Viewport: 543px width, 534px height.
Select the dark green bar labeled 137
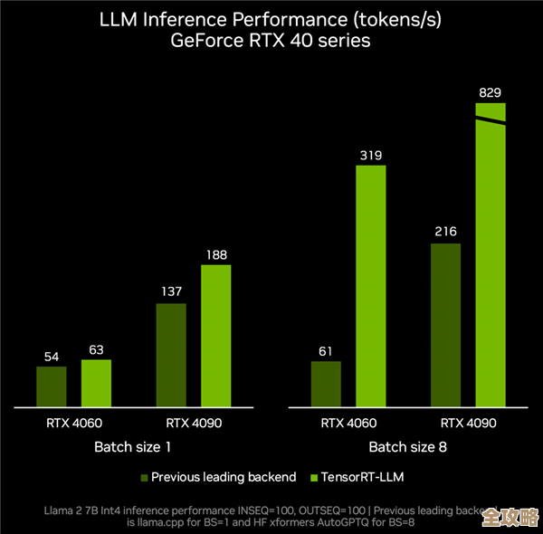coord(171,354)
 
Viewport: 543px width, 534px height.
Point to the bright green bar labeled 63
coord(96,383)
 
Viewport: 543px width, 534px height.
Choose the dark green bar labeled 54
coord(52,386)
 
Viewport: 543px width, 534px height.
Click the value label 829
coord(491,92)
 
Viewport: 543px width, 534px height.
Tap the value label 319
coord(370,155)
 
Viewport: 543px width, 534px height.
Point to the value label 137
coord(171,291)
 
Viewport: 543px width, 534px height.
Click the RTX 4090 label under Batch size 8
coord(468,423)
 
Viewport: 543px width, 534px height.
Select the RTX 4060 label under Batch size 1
coord(74,423)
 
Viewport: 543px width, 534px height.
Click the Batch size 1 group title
coord(132,447)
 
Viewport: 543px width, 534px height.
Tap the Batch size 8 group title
coord(407,447)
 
